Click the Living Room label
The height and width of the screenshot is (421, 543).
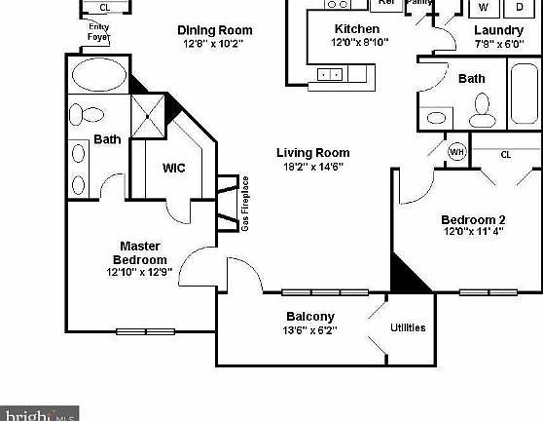(x=312, y=153)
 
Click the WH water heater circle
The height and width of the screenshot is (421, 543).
(x=456, y=152)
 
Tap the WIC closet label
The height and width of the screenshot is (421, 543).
(x=174, y=168)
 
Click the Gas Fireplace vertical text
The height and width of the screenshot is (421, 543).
(x=245, y=204)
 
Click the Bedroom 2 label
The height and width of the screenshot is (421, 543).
(x=473, y=219)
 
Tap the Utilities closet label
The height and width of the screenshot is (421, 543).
(x=408, y=327)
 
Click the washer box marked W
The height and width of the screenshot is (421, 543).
(x=483, y=8)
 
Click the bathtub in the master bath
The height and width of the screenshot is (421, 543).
(x=98, y=75)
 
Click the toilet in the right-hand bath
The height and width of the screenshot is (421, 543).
(x=481, y=116)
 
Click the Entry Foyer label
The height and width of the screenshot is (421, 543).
(x=98, y=32)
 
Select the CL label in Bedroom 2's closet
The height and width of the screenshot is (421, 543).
(x=505, y=154)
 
